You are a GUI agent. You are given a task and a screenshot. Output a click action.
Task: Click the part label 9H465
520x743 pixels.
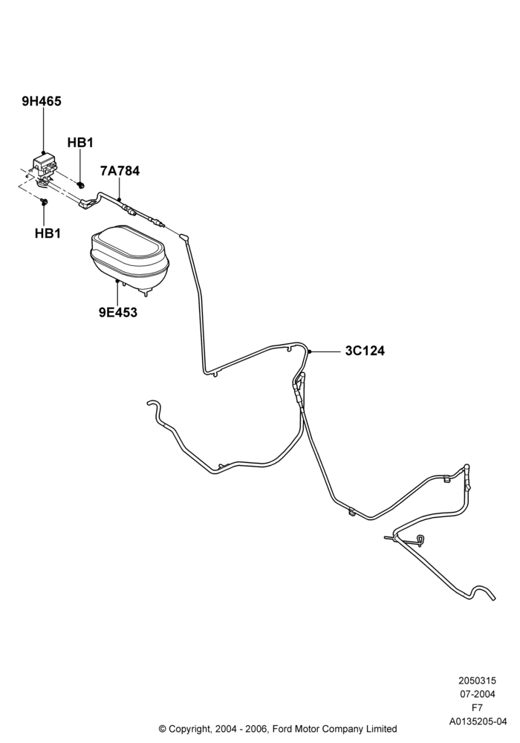42,101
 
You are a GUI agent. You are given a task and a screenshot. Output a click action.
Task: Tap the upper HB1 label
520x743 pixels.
80,142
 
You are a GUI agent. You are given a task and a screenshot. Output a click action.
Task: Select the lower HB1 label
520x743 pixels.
48,233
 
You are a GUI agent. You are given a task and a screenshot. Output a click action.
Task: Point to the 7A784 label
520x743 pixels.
120,171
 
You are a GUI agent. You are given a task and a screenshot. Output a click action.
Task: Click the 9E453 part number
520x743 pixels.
118,312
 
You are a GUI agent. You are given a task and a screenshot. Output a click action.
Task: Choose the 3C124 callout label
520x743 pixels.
365,351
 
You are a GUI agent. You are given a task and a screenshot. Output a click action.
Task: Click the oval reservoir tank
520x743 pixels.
129,259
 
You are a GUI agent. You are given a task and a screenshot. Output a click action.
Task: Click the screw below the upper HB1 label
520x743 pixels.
81,184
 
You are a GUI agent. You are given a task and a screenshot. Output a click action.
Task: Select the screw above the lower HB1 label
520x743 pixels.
44,202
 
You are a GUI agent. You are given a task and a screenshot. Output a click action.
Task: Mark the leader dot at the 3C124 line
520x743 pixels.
309,351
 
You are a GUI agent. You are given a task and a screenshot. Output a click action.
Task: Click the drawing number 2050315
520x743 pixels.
478,681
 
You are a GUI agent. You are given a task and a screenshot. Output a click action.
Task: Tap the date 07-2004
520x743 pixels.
478,694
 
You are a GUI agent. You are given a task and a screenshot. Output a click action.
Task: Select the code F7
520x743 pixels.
478,708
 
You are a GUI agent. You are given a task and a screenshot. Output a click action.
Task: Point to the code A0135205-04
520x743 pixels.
478,721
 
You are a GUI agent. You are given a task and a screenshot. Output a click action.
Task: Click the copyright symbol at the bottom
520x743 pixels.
162,729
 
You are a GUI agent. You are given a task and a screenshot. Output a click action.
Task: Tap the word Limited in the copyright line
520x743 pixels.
381,729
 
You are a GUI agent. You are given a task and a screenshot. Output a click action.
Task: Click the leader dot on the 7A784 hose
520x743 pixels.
120,199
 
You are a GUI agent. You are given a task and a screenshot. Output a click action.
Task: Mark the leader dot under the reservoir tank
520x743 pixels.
117,281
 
